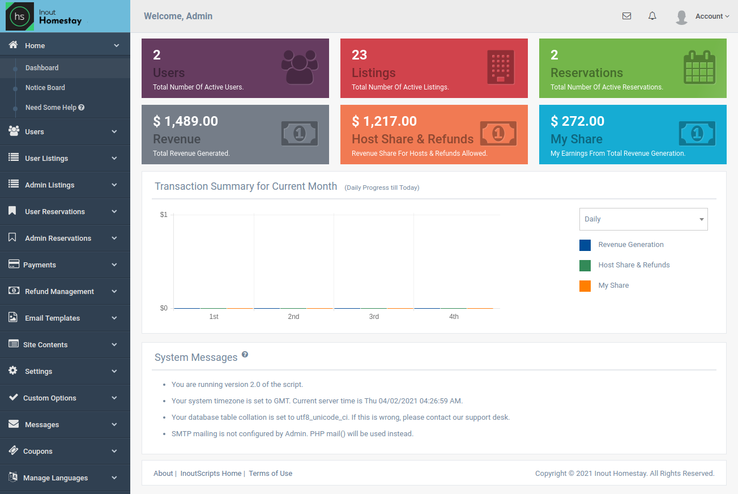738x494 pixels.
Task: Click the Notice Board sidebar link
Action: [45, 88]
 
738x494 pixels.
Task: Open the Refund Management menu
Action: [59, 292]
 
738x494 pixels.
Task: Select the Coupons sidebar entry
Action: [37, 452]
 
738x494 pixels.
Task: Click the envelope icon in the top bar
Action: [626, 16]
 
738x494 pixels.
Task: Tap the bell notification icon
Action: [652, 16]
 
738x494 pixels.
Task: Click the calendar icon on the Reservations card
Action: [699, 67]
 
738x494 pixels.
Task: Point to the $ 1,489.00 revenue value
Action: [185, 121]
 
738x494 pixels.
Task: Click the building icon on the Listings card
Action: [500, 67]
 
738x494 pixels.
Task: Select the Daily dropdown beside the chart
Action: [643, 219]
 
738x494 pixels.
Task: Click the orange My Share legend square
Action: [585, 286]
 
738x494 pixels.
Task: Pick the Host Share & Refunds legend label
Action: [633, 265]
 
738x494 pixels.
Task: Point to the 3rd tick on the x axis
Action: [374, 317]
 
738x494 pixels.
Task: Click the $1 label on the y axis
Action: [164, 215]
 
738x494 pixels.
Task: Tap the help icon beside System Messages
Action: [245, 355]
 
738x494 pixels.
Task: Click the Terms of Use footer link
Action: [270, 474]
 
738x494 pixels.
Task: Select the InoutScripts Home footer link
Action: [211, 474]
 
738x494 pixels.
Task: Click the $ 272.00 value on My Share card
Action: [577, 121]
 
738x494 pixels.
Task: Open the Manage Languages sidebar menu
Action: [55, 478]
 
